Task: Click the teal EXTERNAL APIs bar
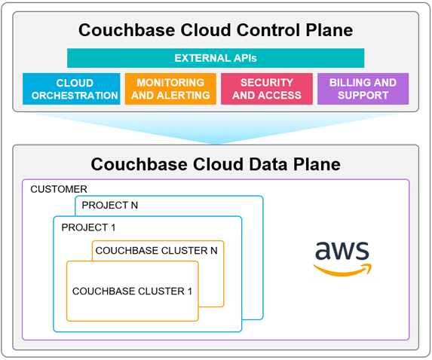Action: click(216, 58)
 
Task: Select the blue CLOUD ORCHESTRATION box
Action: click(72, 89)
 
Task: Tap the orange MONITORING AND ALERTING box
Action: click(170, 89)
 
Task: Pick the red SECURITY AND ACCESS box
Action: click(267, 89)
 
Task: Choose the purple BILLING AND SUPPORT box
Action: click(363, 89)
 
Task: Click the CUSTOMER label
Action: click(59, 189)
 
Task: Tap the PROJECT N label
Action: click(109, 205)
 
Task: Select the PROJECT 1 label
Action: click(88, 227)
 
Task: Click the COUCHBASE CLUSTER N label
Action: click(156, 251)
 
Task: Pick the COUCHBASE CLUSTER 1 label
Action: click(132, 291)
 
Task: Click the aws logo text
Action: click(342, 250)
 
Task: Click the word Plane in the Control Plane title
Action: click(329, 29)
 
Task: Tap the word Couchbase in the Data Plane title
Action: click(139, 164)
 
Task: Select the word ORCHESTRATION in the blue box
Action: click(75, 95)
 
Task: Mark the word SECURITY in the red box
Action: click(267, 82)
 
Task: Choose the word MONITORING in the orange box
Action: click(170, 82)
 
